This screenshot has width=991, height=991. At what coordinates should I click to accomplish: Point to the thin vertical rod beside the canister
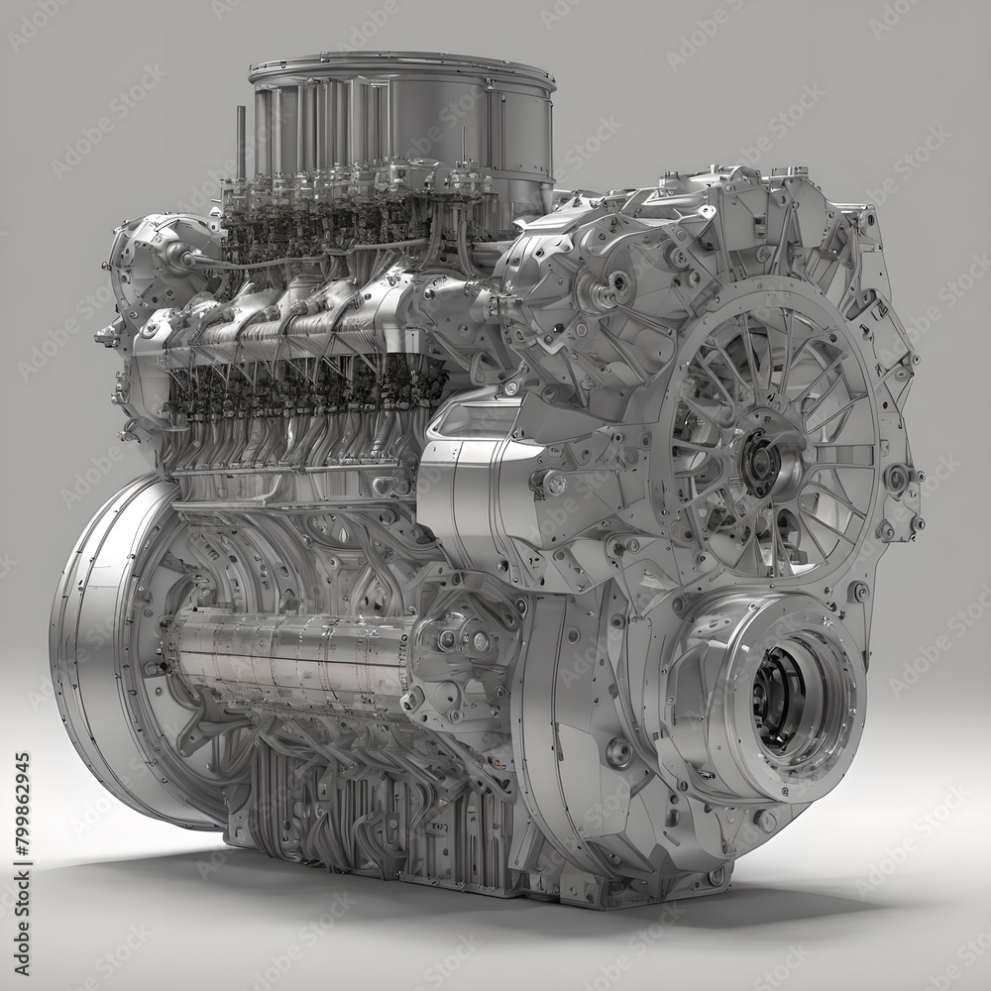pyautogui.click(x=240, y=144)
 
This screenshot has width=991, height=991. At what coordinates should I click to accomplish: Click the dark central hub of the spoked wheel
pyautogui.click(x=761, y=462)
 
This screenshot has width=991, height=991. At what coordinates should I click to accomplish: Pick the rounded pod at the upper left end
pyautogui.click(x=159, y=263)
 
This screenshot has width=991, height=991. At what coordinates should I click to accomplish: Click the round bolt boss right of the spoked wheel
pyautogui.click(x=897, y=478)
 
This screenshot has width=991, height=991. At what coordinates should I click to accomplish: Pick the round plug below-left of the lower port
pyautogui.click(x=619, y=753)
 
